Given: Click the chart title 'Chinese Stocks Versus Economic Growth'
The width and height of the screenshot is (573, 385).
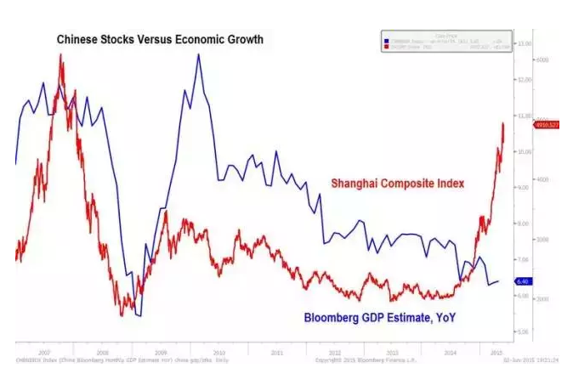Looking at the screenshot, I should click(x=160, y=40).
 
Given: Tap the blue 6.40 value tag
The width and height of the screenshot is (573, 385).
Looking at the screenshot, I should click(x=524, y=281).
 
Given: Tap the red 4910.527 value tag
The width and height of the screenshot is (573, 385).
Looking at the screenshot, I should click(x=544, y=125).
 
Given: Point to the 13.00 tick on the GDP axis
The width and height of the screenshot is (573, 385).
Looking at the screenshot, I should click(x=524, y=43).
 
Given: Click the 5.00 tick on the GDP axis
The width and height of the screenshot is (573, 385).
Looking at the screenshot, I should click(x=524, y=331).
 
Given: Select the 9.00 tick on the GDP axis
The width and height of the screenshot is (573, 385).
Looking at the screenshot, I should click(x=524, y=187).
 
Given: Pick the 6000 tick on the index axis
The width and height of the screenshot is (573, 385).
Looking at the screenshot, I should click(x=542, y=60).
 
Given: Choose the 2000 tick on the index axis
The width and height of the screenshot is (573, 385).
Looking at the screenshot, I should click(x=542, y=299).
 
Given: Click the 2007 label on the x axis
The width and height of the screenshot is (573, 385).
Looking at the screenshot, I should click(x=44, y=350).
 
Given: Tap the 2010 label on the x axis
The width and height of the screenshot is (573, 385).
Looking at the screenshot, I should click(x=218, y=350).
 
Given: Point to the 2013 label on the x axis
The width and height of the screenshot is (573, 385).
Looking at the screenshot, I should click(x=392, y=350).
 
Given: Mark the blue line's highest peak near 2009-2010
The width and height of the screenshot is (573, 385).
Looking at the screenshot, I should click(x=198, y=54).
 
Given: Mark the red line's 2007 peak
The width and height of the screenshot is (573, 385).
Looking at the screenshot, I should click(x=61, y=55).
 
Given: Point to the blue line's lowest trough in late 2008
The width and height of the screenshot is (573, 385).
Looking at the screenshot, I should click(x=139, y=315).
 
